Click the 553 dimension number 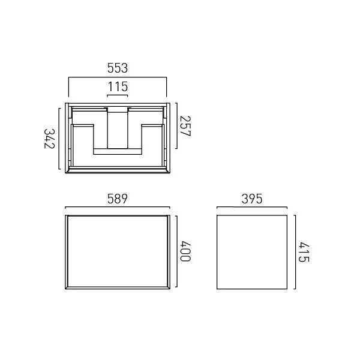(x=118, y=68)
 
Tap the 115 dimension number (x=118, y=86)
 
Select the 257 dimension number (x=185, y=126)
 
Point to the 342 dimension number (x=49, y=139)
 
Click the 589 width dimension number (x=118, y=199)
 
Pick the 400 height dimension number (x=185, y=251)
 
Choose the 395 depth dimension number (x=252, y=199)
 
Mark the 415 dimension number (x=304, y=252)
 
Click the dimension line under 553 (x=118, y=77)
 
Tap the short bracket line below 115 (x=118, y=95)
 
